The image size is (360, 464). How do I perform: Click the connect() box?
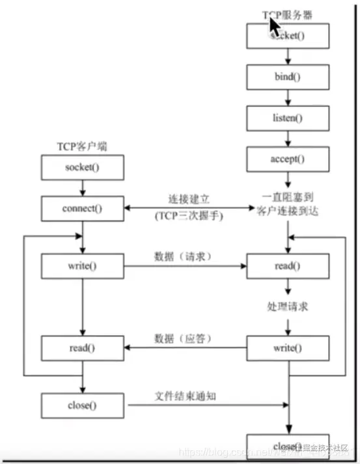83,208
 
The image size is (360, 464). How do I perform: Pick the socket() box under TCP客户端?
83,167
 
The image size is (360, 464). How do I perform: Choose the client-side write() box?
83,266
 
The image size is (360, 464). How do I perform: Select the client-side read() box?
83,348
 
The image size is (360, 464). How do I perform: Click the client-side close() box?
83,405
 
